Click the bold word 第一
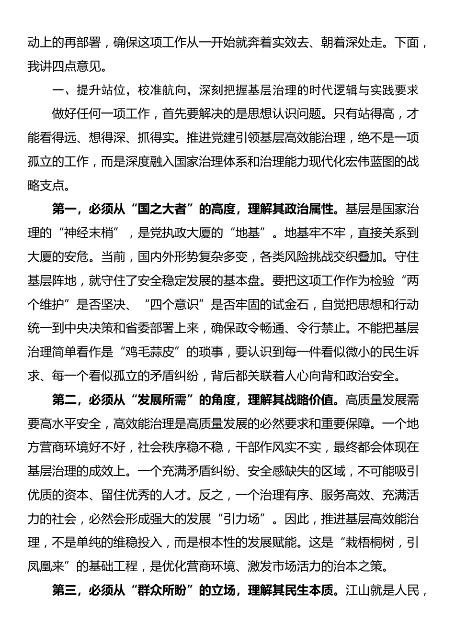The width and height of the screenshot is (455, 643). pyautogui.click(x=64, y=209)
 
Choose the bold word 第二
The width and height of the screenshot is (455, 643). pyautogui.click(x=64, y=400)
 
